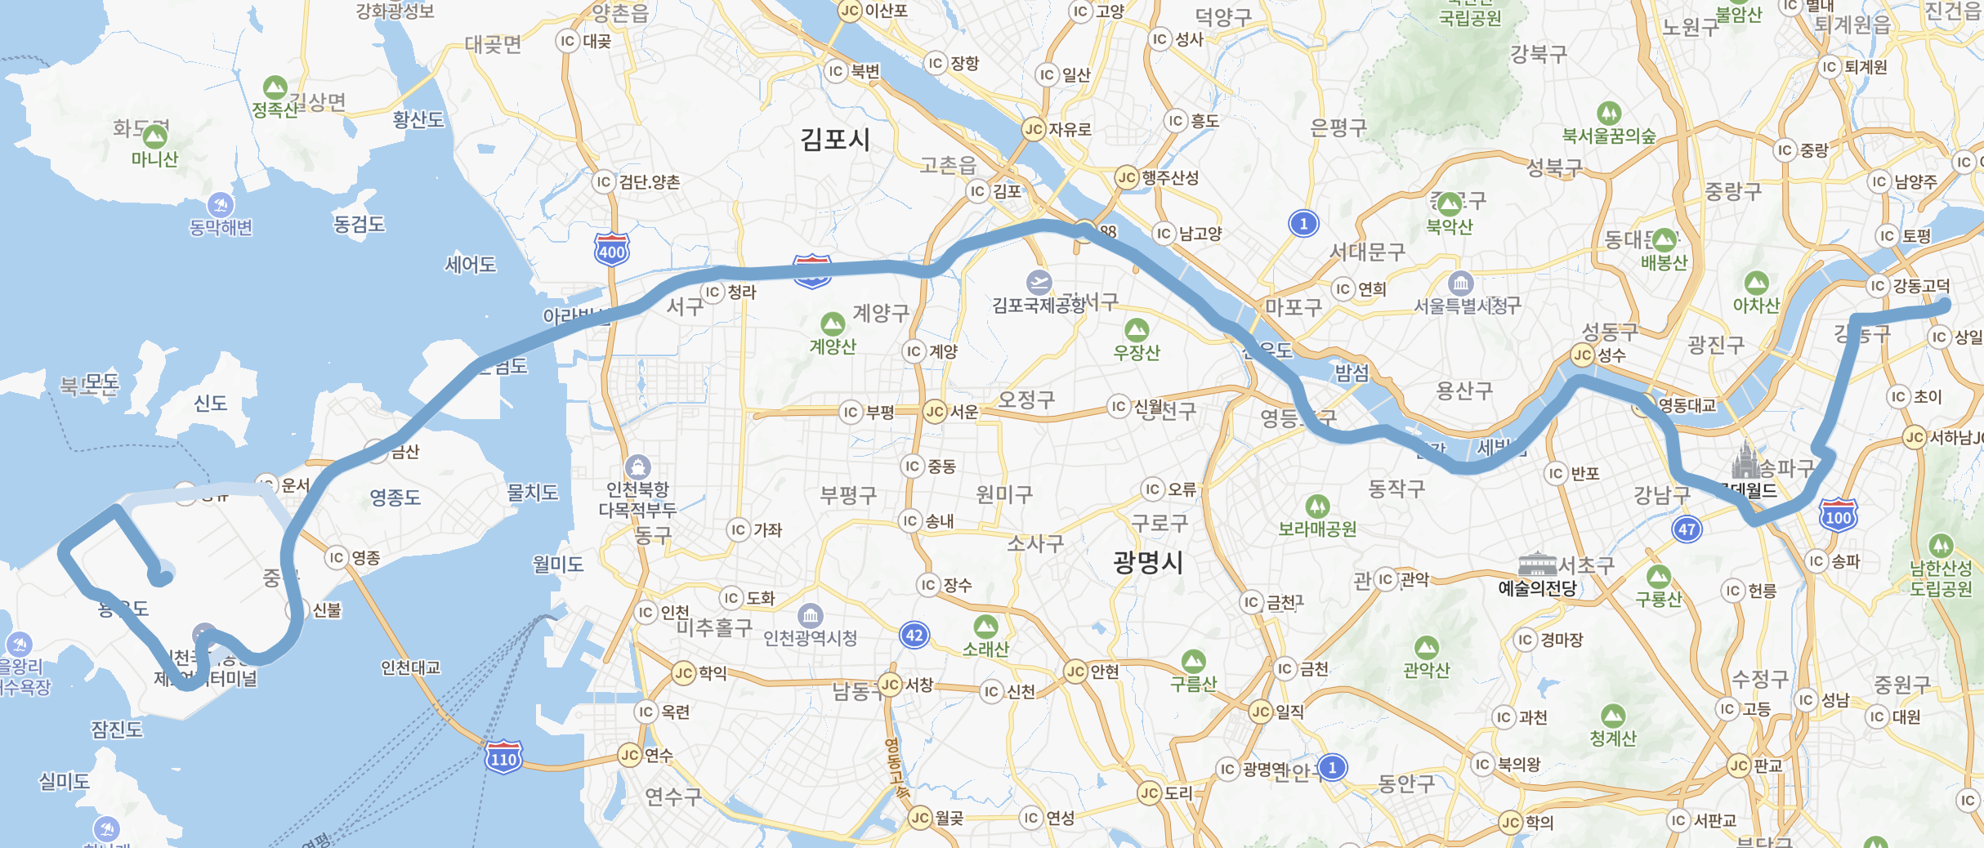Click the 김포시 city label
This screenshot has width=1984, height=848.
834,139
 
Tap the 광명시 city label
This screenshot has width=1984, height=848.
1147,562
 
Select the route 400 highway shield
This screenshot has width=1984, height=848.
611,249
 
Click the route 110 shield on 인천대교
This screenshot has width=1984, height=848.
503,757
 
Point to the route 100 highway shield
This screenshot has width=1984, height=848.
1838,515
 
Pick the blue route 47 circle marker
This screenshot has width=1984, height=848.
1687,529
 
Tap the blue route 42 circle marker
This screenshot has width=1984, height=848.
914,635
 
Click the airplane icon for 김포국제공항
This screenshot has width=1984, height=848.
1039,283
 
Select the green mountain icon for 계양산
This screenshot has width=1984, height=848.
832,324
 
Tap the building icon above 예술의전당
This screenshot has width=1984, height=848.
1537,564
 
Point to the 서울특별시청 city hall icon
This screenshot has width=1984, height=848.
1460,283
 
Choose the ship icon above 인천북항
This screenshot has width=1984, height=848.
637,467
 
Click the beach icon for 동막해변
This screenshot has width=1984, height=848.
221,205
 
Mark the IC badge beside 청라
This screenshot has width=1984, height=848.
713,292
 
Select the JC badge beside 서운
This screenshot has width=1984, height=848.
935,412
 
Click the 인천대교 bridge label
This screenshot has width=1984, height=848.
410,667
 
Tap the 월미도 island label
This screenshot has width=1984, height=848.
558,564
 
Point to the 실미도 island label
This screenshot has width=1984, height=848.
64,781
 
